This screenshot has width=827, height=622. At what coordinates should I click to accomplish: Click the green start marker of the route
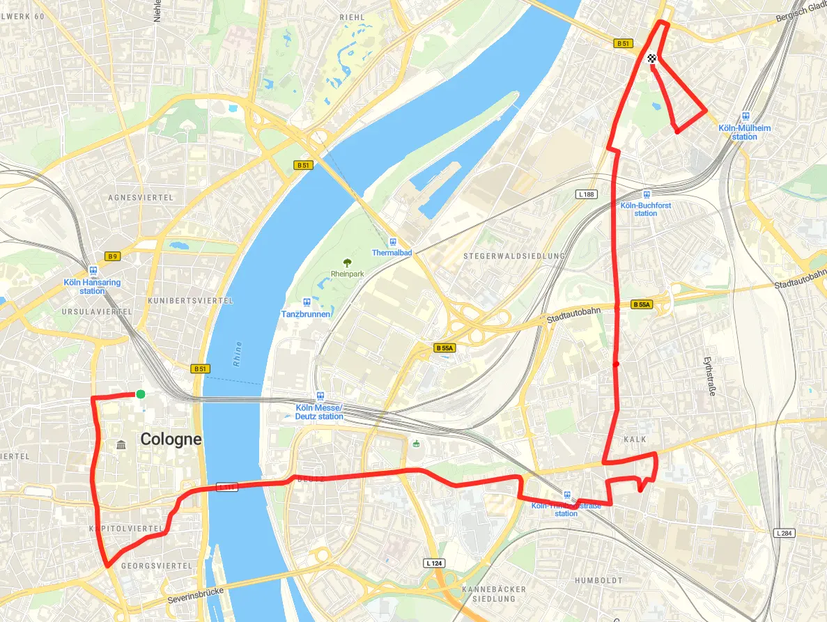(141, 394)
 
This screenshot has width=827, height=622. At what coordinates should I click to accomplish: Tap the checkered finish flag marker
(652, 59)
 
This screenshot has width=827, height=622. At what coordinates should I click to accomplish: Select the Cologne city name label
(171, 440)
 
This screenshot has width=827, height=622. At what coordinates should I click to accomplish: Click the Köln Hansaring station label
(92, 286)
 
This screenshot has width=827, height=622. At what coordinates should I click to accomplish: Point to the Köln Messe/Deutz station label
(319, 412)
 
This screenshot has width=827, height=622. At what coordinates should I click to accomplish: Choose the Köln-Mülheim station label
(744, 132)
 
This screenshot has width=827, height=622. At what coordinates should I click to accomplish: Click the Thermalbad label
(393, 252)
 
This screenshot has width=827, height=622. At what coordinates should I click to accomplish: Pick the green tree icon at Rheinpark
(347, 263)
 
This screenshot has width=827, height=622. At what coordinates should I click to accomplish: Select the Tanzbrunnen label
(305, 314)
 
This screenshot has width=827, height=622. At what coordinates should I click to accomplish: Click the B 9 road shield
(112, 256)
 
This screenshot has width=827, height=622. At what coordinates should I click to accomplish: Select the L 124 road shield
(433, 562)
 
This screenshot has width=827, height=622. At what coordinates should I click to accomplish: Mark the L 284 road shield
(783, 533)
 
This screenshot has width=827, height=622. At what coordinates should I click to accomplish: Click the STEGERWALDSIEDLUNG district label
(514, 256)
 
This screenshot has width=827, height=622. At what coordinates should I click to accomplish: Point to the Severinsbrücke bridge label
(196, 596)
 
